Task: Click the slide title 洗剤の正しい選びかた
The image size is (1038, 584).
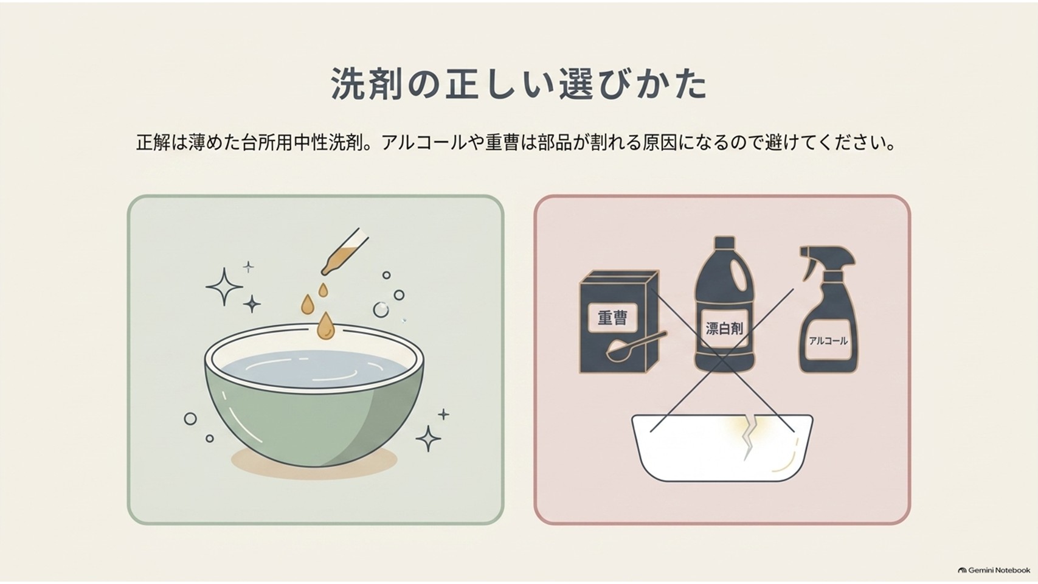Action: [x=519, y=84]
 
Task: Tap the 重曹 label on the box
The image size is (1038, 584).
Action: [x=612, y=318]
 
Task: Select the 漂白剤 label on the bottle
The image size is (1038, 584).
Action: [x=724, y=328]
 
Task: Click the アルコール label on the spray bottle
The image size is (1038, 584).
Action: [x=828, y=341]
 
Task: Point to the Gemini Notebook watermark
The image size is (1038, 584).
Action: [x=994, y=570]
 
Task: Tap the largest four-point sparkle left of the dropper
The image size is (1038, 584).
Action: [x=224, y=287]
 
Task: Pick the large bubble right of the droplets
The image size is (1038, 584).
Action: [x=381, y=310]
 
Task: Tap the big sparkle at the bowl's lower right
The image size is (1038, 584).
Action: [x=427, y=438]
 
